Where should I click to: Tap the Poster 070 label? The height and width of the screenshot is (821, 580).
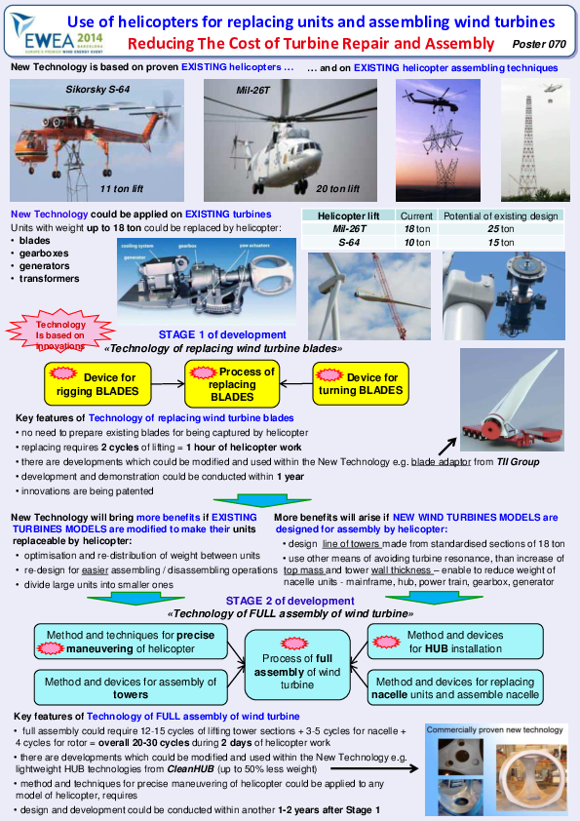(538, 45)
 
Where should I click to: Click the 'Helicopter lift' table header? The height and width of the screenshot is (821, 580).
(348, 215)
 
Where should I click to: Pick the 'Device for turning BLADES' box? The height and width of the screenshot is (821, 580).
(360, 384)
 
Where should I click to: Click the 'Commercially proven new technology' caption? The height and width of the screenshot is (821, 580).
(492, 728)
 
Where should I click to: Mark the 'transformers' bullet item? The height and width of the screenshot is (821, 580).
(51, 279)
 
